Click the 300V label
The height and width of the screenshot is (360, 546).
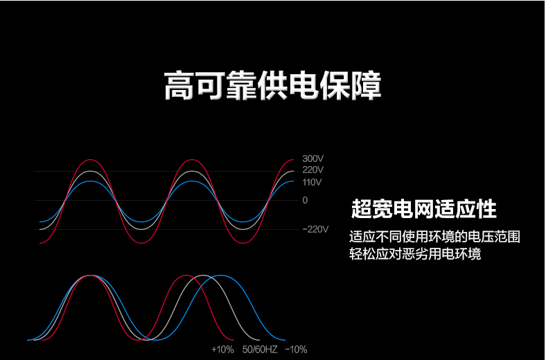pyautogui.click(x=312, y=159)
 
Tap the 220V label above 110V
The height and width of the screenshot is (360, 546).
pyautogui.click(x=312, y=170)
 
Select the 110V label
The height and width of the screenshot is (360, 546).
pyautogui.click(x=312, y=182)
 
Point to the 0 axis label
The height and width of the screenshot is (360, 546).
pyautogui.click(x=305, y=200)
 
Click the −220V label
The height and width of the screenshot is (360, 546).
pyautogui.click(x=315, y=229)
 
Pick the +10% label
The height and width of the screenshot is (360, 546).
pyautogui.click(x=222, y=350)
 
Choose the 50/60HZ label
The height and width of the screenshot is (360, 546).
pyautogui.click(x=260, y=350)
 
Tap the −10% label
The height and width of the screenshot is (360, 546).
pyautogui.click(x=296, y=350)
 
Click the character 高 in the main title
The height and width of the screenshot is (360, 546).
pyautogui.click(x=179, y=86)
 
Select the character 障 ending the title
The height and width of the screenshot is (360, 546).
pyautogui.click(x=367, y=86)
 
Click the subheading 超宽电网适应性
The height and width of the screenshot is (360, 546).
pyautogui.click(x=424, y=209)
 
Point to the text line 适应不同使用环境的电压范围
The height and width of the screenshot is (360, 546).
pyautogui.click(x=434, y=237)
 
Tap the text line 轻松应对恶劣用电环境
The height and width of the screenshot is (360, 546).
pyautogui.click(x=415, y=254)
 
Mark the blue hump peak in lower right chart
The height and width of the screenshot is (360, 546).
pyautogui.click(x=221, y=275)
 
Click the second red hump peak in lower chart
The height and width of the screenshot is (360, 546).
pyautogui.click(x=185, y=275)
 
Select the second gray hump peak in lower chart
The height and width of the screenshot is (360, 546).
pyautogui.click(x=203, y=275)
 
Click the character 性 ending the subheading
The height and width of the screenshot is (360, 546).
pyautogui.click(x=487, y=209)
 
